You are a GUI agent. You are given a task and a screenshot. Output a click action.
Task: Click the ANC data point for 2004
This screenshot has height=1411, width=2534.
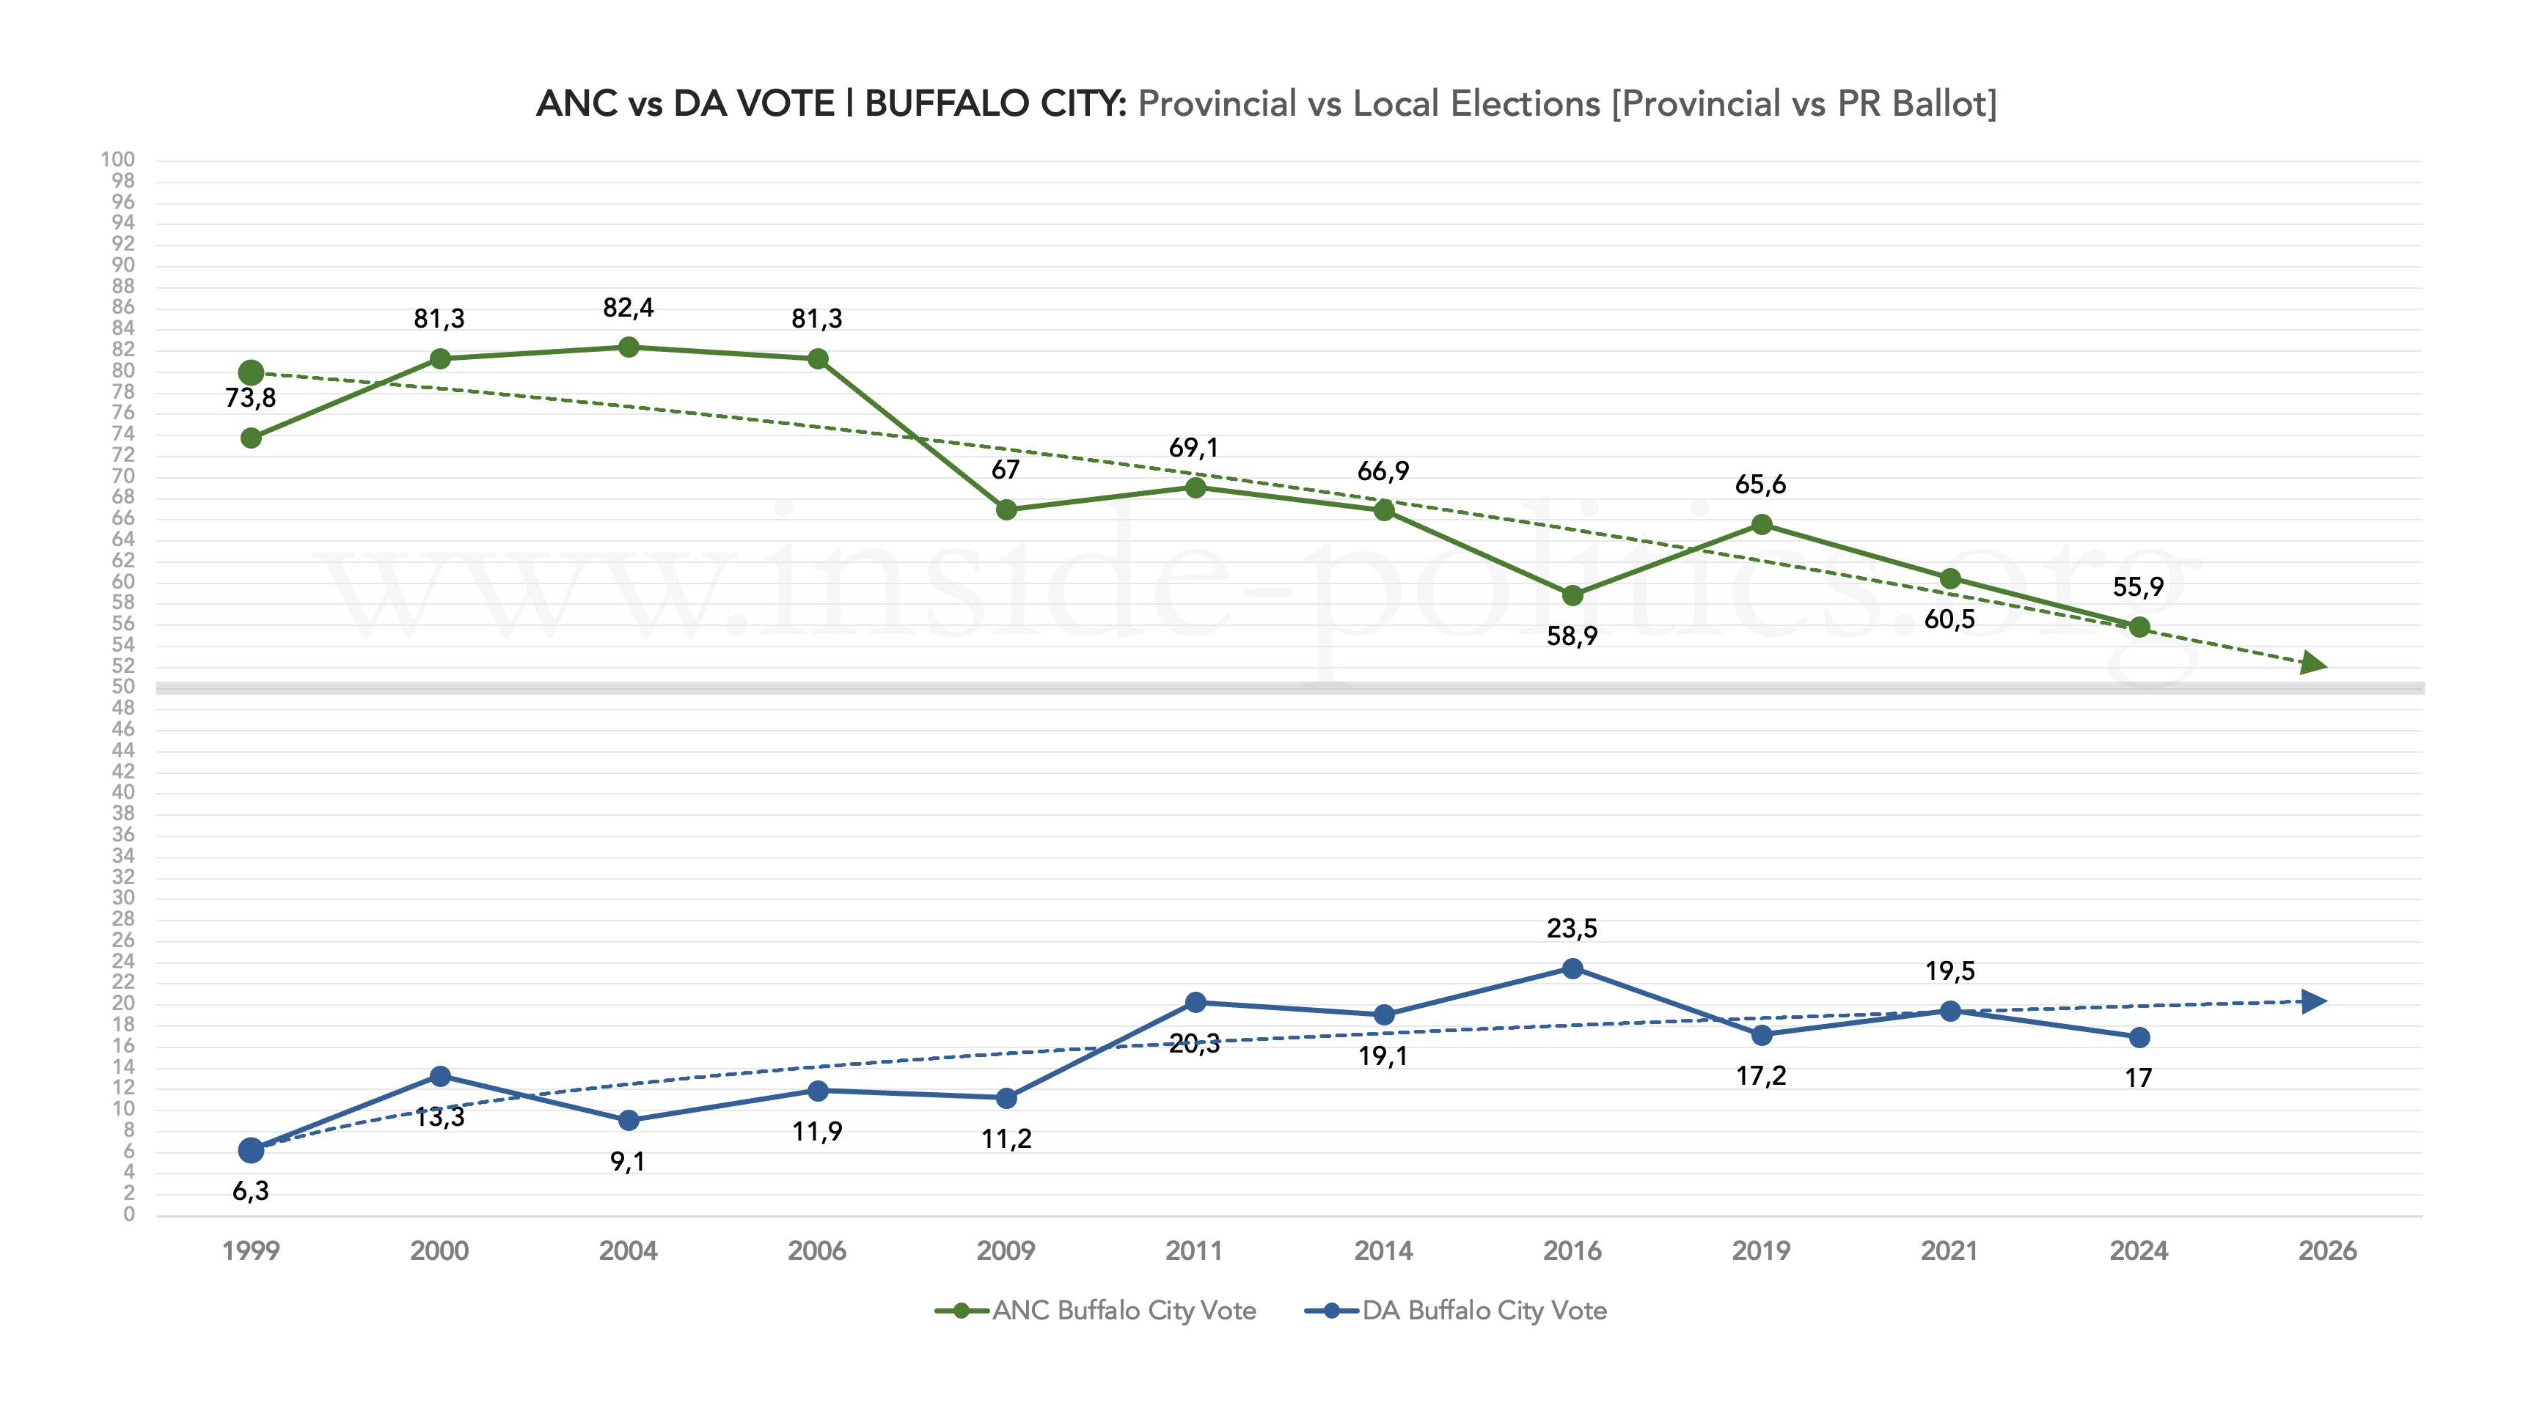[629, 347]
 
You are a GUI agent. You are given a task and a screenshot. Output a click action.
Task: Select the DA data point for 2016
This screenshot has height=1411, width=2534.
[1572, 968]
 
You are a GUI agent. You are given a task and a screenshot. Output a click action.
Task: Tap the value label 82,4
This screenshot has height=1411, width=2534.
[628, 308]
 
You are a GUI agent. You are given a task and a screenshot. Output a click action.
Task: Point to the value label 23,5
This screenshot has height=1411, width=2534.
[1572, 928]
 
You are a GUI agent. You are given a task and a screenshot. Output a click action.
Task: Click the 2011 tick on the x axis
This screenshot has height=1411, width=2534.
[1194, 1250]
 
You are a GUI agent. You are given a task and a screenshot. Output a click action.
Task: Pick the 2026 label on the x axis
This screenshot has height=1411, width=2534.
[2326, 1250]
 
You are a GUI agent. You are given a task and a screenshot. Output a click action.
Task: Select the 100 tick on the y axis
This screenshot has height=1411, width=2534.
[118, 159]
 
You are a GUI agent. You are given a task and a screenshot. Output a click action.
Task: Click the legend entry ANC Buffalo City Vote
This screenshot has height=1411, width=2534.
[1095, 1311]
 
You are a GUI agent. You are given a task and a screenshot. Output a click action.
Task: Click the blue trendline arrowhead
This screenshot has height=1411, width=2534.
[2314, 1001]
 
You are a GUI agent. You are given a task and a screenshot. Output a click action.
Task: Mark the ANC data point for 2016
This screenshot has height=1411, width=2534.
[1572, 595]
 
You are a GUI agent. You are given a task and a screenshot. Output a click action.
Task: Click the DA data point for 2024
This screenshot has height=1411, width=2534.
[2139, 1037]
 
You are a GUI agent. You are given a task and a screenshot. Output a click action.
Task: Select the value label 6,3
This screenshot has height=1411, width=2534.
[250, 1191]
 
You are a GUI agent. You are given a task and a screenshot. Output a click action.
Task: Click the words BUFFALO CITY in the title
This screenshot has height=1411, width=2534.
[994, 103]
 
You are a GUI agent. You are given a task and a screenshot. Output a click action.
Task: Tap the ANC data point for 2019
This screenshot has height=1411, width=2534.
[1762, 525]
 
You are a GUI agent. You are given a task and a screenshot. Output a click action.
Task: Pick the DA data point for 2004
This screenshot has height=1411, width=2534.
[629, 1120]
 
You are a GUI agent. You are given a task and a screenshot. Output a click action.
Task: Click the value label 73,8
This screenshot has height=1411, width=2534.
[250, 398]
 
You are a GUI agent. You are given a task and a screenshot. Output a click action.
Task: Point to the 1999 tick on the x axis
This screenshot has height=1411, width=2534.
[251, 1250]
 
